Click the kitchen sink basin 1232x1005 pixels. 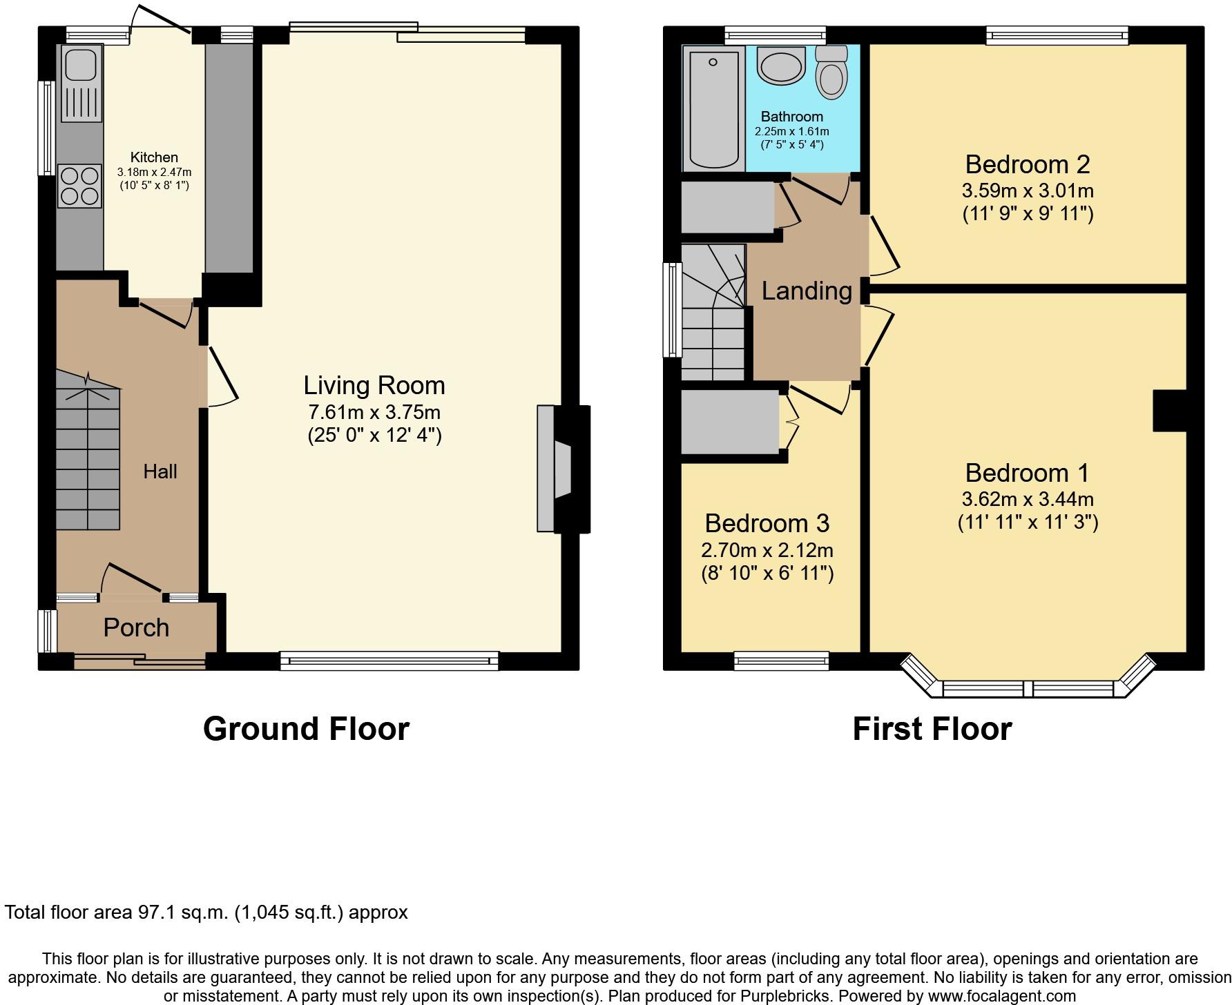80,64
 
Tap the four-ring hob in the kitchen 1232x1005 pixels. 79,186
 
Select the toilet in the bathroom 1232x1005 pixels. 831,72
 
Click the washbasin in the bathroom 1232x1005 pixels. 781,66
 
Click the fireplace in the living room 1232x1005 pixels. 564,469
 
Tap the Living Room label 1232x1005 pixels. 374,385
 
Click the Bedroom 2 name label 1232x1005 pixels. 1028,164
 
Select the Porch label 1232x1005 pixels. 136,627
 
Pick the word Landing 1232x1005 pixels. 807,291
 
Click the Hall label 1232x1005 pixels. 160,471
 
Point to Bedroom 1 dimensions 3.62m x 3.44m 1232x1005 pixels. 1028,499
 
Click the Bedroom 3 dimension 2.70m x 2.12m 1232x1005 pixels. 767,550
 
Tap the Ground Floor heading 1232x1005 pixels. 306,729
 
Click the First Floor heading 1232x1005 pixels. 932,729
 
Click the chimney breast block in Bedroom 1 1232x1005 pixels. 1170,411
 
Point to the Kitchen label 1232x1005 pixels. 154,157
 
